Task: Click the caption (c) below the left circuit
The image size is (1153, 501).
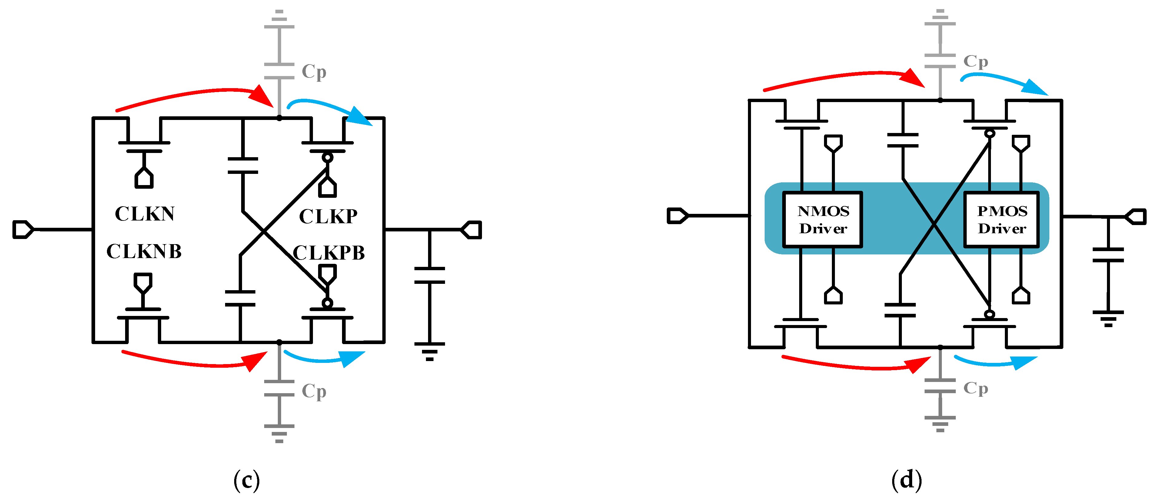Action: (246, 480)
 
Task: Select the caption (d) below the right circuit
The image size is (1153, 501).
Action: (906, 480)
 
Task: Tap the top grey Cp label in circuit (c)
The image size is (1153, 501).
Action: (314, 71)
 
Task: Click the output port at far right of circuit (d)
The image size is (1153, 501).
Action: (1135, 217)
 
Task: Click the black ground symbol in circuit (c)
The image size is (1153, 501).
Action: (429, 350)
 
